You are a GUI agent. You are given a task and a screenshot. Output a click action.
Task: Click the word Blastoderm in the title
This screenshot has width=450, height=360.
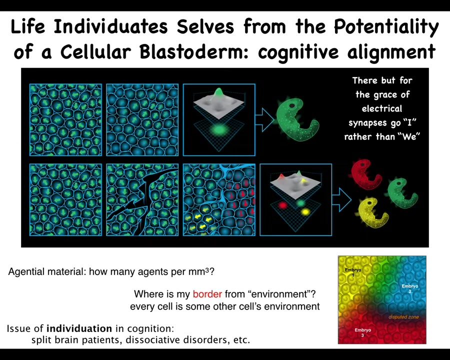pyautogui.click(x=194, y=52)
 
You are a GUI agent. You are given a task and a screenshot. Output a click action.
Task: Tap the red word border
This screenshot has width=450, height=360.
pyautogui.click(x=207, y=294)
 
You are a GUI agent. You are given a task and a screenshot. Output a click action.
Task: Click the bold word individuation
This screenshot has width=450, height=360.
pyautogui.click(x=79, y=328)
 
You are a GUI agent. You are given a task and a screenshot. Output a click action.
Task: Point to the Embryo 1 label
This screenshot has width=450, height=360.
pyautogui.click(x=353, y=272)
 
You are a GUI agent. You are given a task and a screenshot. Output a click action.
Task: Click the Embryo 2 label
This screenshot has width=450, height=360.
pyautogui.click(x=410, y=288)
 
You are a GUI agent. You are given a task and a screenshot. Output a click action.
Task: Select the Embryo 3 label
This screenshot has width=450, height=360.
pyautogui.click(x=363, y=332)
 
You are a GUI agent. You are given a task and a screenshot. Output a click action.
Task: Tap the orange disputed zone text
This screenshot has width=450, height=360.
pyautogui.click(x=403, y=317)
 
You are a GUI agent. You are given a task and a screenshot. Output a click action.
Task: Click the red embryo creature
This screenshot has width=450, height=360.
pyautogui.click(x=366, y=174)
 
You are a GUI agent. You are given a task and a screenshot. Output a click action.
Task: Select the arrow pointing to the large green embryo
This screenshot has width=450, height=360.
pyautogui.click(x=264, y=119)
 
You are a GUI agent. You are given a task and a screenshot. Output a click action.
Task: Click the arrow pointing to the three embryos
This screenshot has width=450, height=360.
pyautogui.click(x=341, y=200)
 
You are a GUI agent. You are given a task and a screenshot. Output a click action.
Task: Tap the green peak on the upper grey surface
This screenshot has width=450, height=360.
pyautogui.click(x=219, y=92)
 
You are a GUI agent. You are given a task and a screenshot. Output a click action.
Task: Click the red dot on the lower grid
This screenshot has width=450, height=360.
pyautogui.click(x=283, y=205)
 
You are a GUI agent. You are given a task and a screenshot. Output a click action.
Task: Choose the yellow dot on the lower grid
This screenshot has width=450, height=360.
pyautogui.click(x=305, y=212)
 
